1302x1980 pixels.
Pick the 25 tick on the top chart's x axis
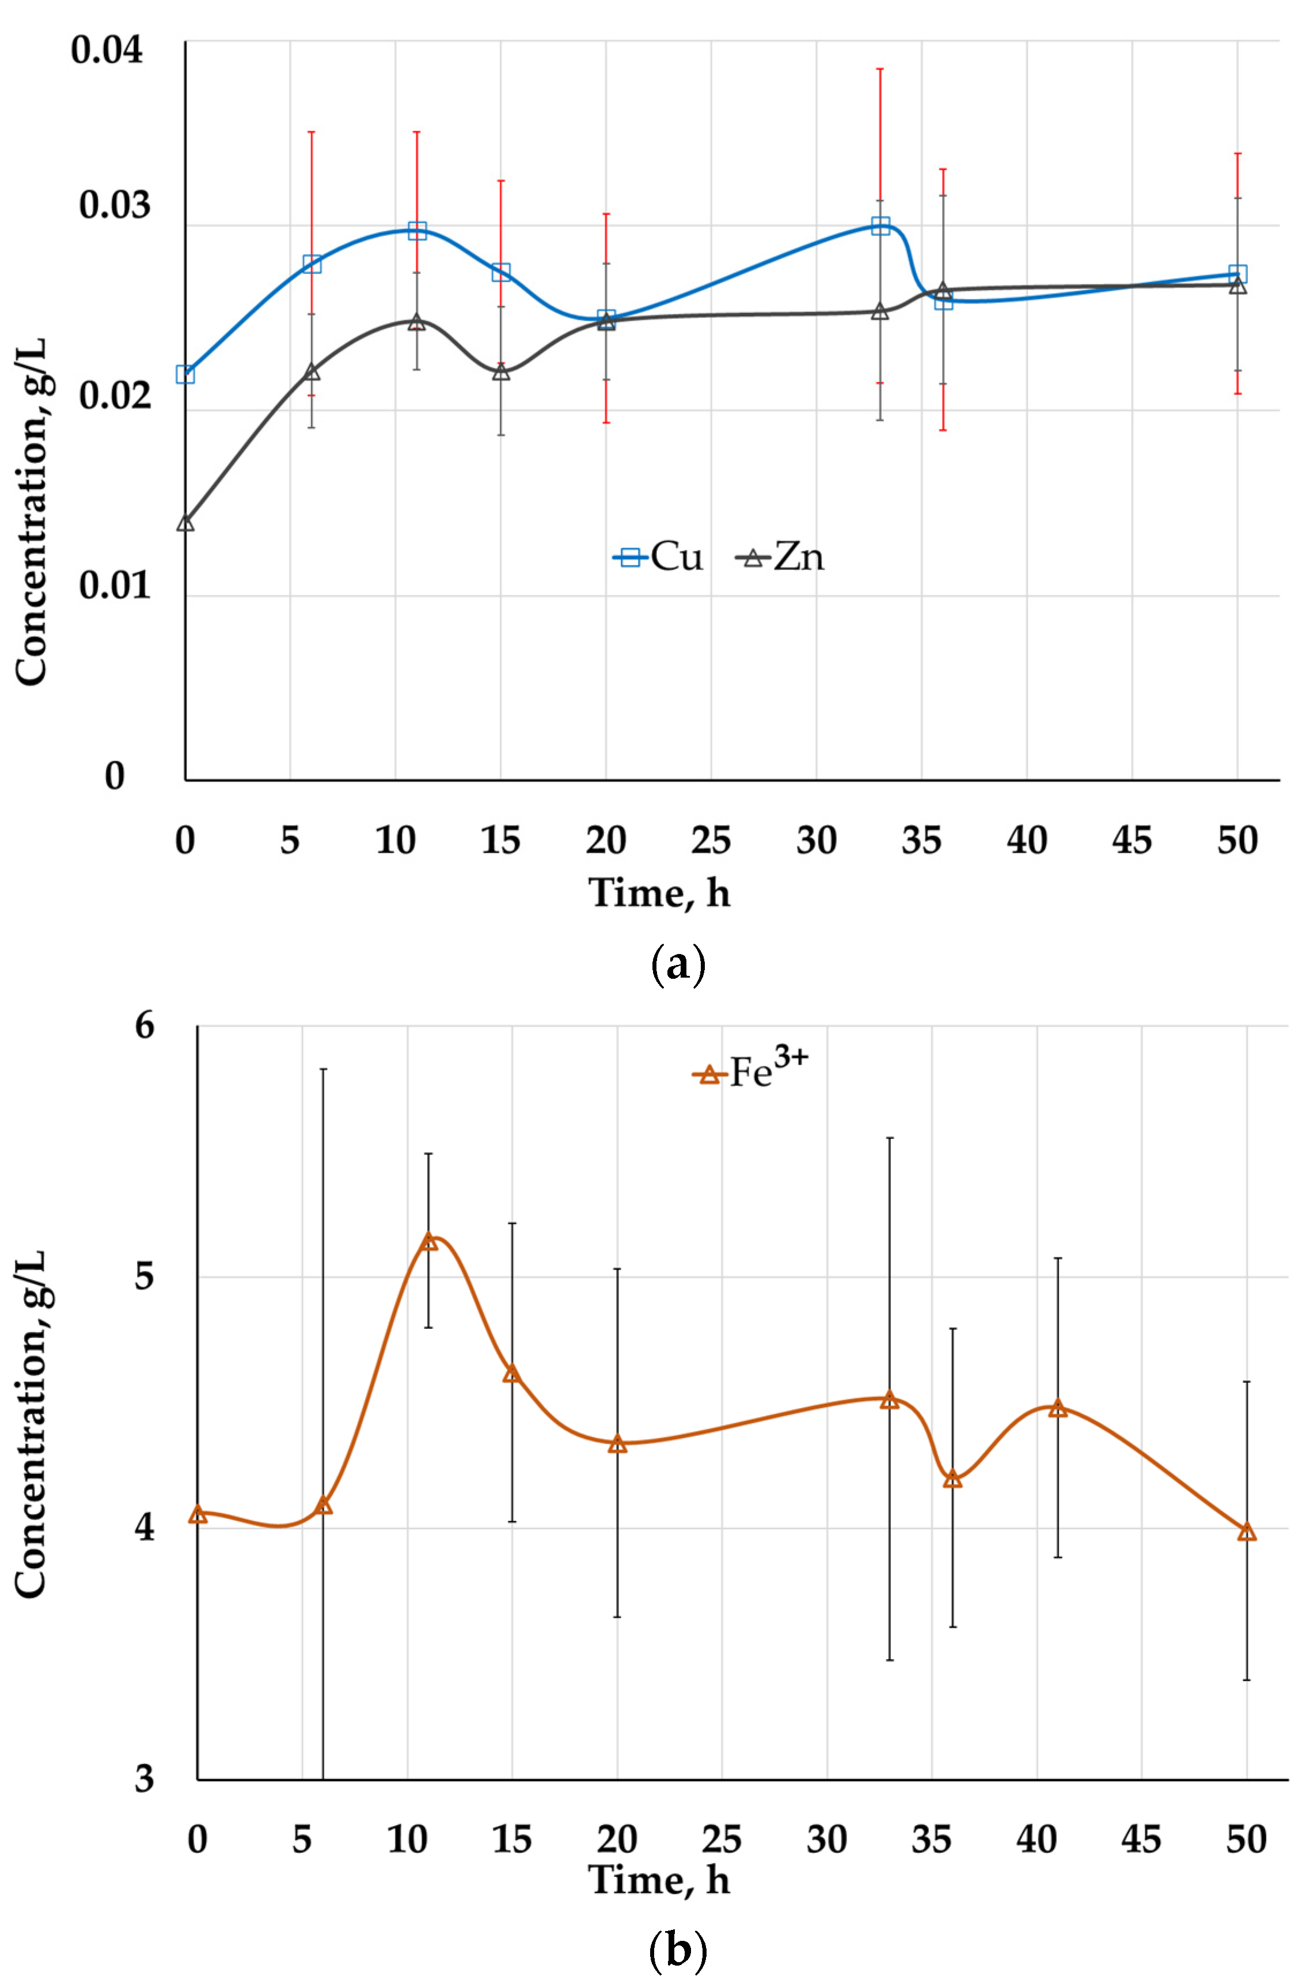click(x=711, y=840)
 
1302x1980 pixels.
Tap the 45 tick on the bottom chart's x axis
click(x=1141, y=1840)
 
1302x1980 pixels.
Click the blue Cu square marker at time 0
click(x=185, y=374)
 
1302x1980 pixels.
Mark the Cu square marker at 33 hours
click(x=880, y=226)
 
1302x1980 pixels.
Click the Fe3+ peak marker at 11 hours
click(x=428, y=1242)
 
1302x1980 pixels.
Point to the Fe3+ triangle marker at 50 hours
click(x=1246, y=1533)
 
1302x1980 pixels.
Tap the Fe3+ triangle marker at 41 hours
click(x=1057, y=1408)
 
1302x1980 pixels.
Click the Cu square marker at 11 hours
click(x=417, y=230)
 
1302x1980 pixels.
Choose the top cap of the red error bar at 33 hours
click(x=880, y=69)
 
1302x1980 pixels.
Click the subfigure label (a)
click(x=677, y=965)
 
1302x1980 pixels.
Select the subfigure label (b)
click(x=677, y=1950)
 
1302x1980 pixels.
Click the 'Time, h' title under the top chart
click(x=660, y=894)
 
